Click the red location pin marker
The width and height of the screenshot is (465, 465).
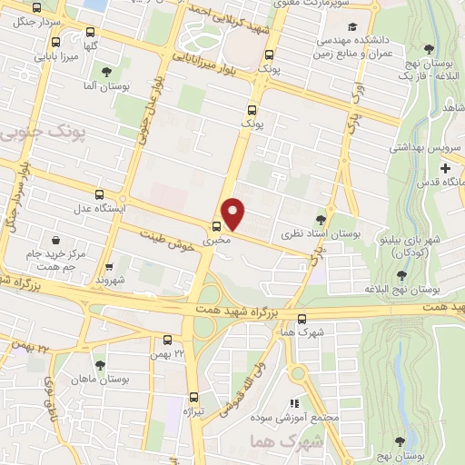pyautogui.click(x=234, y=213)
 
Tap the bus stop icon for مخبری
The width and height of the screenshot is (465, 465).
pyautogui.click(x=216, y=226)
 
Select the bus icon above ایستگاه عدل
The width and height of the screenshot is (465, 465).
pyautogui.click(x=100, y=193)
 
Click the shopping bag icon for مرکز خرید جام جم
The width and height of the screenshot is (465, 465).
pyautogui.click(x=57, y=241)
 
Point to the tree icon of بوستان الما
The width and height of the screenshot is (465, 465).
pyautogui.click(x=106, y=70)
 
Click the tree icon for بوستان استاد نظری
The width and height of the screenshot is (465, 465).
pyautogui.click(x=320, y=219)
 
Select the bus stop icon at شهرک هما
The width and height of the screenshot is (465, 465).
pyautogui.click(x=302, y=318)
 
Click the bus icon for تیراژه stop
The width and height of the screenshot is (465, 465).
pyautogui.click(x=193, y=397)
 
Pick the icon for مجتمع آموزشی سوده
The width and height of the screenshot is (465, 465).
pyautogui.click(x=293, y=403)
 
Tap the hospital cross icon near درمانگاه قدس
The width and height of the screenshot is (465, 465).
pyautogui.click(x=444, y=168)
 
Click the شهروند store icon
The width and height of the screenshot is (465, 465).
pyautogui.click(x=109, y=267)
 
